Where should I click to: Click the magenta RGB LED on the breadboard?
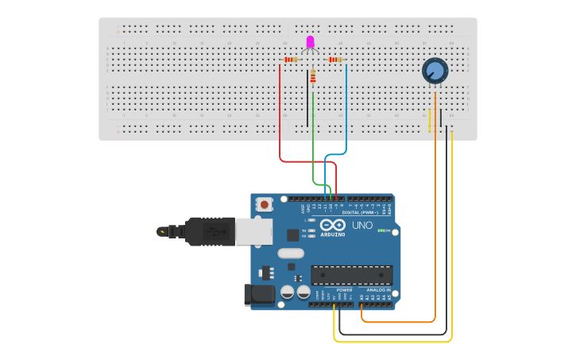click(x=310, y=41)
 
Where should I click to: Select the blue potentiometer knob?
click(x=435, y=71)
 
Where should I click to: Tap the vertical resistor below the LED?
click(x=313, y=76)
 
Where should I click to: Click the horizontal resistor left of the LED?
click(x=291, y=60)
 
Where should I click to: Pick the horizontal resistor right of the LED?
click(x=335, y=60)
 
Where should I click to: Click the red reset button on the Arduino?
click(x=264, y=204)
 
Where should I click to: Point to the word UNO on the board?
click(x=362, y=226)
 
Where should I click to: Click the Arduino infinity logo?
click(x=333, y=226)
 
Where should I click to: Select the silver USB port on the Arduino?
click(x=253, y=231)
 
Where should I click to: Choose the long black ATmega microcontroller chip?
click(x=351, y=275)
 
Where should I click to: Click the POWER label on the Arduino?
click(x=344, y=290)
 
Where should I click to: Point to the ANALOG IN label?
click(x=377, y=290)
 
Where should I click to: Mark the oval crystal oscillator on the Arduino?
click(x=290, y=254)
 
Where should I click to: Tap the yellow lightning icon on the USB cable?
click(x=162, y=232)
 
